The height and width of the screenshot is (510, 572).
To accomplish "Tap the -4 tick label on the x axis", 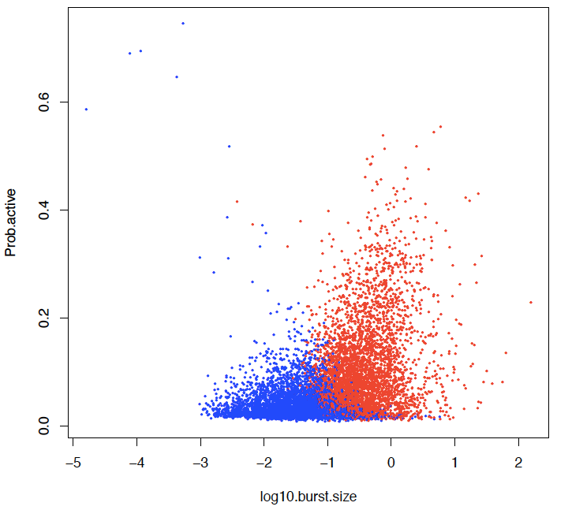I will (x=137, y=463).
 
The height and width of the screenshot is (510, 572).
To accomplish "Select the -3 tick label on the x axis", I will (x=200, y=463).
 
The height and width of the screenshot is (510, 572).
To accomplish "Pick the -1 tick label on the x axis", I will (x=327, y=463).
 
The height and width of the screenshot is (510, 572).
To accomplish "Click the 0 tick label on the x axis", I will (x=391, y=463).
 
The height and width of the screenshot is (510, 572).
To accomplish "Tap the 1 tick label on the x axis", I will (x=454, y=463).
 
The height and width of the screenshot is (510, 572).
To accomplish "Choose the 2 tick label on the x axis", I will (x=518, y=463).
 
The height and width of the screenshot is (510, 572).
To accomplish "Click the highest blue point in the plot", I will (x=183, y=24).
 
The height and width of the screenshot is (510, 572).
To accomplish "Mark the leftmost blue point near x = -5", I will (x=86, y=110).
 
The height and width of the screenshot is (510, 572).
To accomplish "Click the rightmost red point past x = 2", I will (x=531, y=302).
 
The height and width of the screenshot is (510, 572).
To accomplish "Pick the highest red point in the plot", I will (x=440, y=126).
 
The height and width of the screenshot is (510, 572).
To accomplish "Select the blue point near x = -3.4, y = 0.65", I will (x=177, y=77).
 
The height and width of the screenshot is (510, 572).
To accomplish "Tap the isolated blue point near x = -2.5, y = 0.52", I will (x=230, y=147).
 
